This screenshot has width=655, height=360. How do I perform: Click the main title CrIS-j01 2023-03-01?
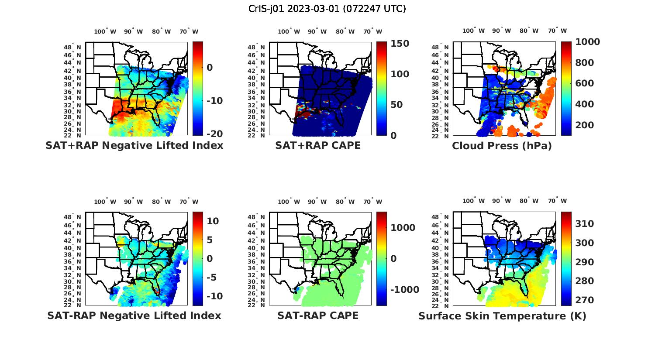click(x=327, y=9)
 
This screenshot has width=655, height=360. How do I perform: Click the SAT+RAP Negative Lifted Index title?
click(x=134, y=145)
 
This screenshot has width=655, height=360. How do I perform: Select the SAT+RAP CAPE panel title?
click(x=318, y=145)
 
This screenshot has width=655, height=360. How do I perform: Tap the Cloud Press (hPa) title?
click(x=502, y=146)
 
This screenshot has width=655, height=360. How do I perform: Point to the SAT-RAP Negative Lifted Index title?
click(x=134, y=315)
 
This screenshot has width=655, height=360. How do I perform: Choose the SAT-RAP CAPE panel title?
click(x=318, y=315)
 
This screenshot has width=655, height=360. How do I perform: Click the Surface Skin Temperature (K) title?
click(x=502, y=315)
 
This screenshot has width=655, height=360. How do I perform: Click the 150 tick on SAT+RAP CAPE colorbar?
click(x=400, y=44)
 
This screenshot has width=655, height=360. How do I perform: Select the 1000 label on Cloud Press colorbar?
click(x=587, y=42)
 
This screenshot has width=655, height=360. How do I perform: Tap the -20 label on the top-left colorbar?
click(x=214, y=134)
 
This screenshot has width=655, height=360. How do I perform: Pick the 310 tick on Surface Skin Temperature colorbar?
click(x=585, y=224)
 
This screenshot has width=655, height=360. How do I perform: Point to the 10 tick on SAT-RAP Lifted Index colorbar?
click(x=213, y=221)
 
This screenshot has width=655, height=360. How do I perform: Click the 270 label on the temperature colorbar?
click(x=585, y=300)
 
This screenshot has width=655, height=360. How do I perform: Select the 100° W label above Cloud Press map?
click(x=474, y=31)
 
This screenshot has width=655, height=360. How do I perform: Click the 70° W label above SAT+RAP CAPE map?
click(x=373, y=31)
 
